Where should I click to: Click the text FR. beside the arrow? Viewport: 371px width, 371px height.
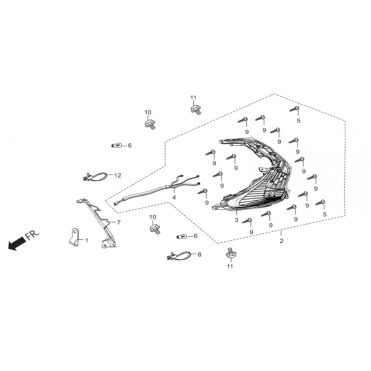(32, 234)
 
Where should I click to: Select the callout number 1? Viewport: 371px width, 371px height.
(87, 240)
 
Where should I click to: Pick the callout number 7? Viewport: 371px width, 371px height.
(119, 223)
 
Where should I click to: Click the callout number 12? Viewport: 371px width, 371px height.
(118, 175)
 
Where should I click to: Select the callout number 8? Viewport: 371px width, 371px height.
(199, 255)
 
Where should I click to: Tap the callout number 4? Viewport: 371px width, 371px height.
(174, 197)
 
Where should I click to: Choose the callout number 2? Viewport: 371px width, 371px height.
(281, 241)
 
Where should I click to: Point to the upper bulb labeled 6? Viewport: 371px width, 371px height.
(116, 145)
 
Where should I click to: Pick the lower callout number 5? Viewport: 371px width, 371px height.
(325, 214)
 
